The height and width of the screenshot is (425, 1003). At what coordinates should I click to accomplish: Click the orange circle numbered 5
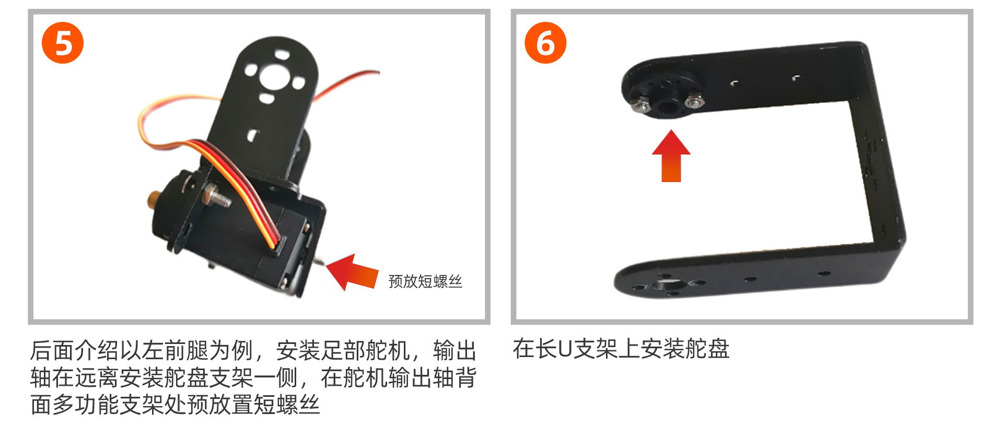pyautogui.click(x=63, y=43)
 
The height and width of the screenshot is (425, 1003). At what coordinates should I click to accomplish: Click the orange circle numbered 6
pyautogui.click(x=545, y=43)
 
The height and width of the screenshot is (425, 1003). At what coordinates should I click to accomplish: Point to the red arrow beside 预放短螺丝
pyautogui.click(x=351, y=272)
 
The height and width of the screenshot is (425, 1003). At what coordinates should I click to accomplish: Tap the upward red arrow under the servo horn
pyautogui.click(x=671, y=156)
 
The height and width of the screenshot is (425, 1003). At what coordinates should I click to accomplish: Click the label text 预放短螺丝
pyautogui.click(x=425, y=281)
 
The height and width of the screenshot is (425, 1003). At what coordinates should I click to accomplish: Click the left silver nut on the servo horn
pyautogui.click(x=640, y=106)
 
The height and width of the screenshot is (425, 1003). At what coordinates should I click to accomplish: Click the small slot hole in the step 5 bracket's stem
pyautogui.click(x=253, y=135)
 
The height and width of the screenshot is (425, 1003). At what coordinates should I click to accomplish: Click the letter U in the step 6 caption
pyautogui.click(x=565, y=349)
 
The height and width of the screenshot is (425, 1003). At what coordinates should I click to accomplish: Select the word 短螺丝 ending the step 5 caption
pyautogui.click(x=287, y=405)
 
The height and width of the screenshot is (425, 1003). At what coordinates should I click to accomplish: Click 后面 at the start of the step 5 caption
pyautogui.click(x=52, y=350)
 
